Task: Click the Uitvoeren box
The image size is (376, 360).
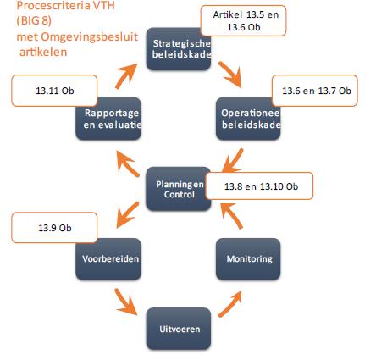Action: click(x=179, y=329)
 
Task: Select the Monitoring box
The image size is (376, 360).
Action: click(x=248, y=259)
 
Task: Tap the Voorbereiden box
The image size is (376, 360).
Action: click(x=108, y=259)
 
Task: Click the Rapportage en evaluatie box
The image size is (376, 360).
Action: click(x=108, y=119)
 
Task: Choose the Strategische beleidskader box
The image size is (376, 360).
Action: click(x=179, y=49)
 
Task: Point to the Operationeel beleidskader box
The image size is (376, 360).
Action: click(x=248, y=119)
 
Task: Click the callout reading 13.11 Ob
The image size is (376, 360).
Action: click(x=54, y=91)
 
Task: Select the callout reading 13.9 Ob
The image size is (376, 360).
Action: click(x=54, y=228)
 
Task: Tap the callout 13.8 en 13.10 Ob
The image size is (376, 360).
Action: click(x=259, y=186)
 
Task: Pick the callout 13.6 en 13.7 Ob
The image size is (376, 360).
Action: click(x=315, y=91)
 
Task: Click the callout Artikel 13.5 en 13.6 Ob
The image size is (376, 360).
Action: click(x=243, y=20)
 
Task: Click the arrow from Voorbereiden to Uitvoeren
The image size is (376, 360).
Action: click(x=125, y=302)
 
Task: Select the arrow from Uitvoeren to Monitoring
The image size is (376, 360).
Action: click(x=231, y=303)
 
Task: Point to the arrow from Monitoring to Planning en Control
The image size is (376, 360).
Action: click(x=231, y=216)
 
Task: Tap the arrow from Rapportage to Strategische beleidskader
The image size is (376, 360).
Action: click(x=126, y=75)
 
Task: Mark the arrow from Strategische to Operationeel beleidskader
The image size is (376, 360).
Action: click(x=230, y=75)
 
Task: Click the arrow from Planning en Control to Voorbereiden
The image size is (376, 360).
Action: click(x=128, y=215)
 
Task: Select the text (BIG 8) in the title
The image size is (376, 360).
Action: click(x=34, y=20)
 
